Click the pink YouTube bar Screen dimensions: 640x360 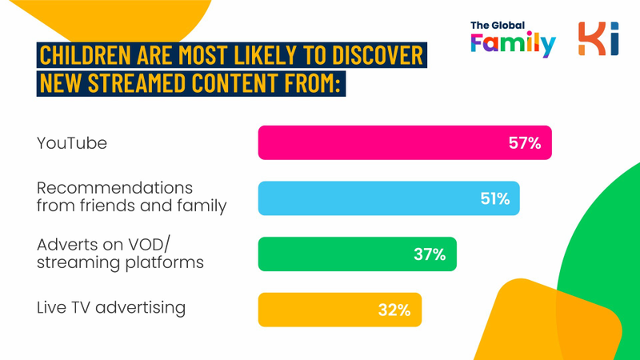point(405,142)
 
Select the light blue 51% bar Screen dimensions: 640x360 point(389,198)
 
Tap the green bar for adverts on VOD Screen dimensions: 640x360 point(357,254)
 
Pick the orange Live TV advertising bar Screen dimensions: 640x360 point(339,310)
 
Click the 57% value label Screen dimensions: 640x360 point(525,143)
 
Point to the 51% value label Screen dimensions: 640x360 point(495,198)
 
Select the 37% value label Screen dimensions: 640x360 point(430,254)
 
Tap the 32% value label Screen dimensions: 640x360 point(394,310)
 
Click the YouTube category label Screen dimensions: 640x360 point(72,143)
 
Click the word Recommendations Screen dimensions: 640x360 point(114,188)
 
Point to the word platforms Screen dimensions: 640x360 point(165,263)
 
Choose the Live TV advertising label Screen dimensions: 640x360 point(111,308)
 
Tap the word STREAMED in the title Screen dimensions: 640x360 point(137,83)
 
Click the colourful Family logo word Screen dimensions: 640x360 point(513,43)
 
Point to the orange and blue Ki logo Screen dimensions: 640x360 point(598,38)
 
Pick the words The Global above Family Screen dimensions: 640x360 point(498,26)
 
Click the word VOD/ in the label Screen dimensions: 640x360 point(149,245)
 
